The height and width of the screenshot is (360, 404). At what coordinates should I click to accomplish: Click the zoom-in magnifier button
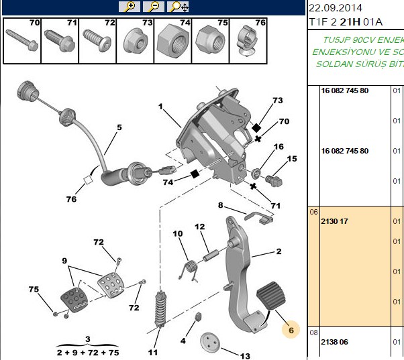(x=130, y=7)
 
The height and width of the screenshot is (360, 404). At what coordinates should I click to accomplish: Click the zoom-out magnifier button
(x=154, y=7)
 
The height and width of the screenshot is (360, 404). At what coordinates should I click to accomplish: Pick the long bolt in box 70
(x=22, y=40)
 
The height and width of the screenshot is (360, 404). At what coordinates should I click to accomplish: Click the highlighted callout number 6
(x=291, y=330)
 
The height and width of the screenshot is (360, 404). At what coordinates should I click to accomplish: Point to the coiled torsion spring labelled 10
(x=189, y=272)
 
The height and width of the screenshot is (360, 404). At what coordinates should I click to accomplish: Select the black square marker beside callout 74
(x=195, y=174)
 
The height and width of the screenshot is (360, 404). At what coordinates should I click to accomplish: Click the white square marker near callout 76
(x=89, y=180)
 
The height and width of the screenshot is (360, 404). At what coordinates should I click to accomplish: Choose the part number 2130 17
(x=334, y=221)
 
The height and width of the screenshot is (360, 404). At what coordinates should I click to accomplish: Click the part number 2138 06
(x=334, y=342)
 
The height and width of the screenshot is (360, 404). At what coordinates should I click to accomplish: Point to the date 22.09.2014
(x=335, y=8)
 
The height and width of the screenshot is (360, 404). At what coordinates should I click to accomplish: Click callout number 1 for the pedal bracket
(x=161, y=107)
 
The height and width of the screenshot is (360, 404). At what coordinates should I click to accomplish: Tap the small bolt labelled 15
(x=274, y=180)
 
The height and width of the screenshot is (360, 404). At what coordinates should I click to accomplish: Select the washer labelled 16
(x=255, y=174)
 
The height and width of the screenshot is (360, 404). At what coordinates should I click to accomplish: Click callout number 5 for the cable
(x=119, y=127)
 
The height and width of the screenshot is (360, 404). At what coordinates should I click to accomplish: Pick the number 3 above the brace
(x=88, y=339)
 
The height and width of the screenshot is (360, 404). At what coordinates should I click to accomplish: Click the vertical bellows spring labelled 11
(x=160, y=310)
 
